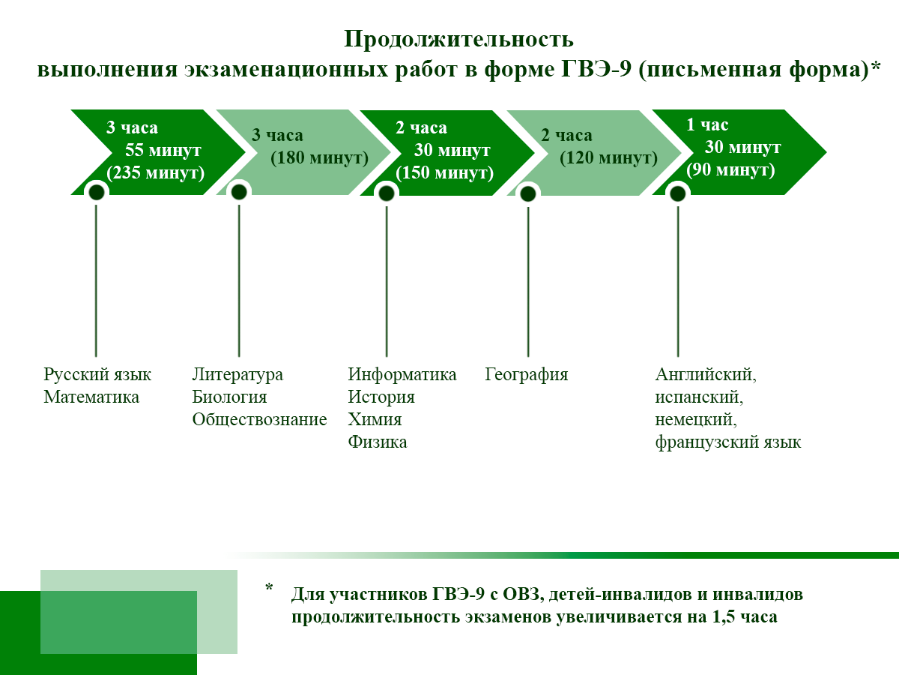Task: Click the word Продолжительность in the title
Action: point(458,39)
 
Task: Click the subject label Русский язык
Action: point(97,374)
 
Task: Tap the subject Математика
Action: point(91,397)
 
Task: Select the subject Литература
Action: point(237,374)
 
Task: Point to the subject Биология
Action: point(229,397)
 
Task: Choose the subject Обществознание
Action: point(259,419)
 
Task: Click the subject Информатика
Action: point(402,374)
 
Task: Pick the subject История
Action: point(381,397)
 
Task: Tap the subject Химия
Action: point(375,419)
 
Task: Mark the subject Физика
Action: point(377,442)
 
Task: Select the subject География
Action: point(526,374)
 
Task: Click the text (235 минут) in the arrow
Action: point(156,172)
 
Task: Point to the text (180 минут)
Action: point(320,158)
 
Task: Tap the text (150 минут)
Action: point(445,172)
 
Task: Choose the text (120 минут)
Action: point(608,158)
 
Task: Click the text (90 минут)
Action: point(730,169)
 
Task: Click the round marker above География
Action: point(528,193)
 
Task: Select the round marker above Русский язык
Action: point(96,193)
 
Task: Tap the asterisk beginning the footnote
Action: point(269,588)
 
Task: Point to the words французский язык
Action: point(727,442)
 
